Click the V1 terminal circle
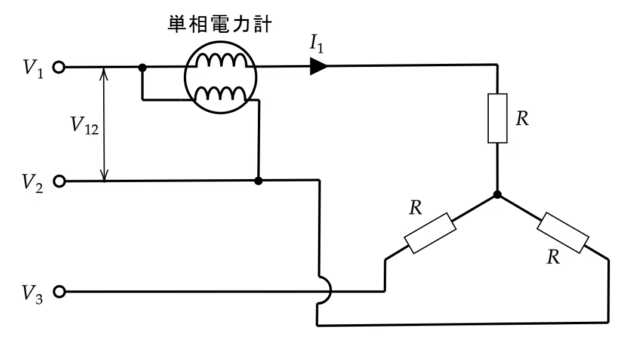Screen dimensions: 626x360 click(x=58, y=67)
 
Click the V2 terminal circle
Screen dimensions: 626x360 click(x=59, y=181)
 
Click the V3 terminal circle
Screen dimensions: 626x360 click(x=59, y=292)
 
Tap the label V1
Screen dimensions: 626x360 click(x=33, y=69)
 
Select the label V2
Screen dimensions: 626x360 click(x=32, y=183)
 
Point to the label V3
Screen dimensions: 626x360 click(x=32, y=294)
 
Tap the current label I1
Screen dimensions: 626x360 click(x=317, y=44)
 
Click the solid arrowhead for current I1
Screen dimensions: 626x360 click(x=319, y=66)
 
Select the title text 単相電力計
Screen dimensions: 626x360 click(x=220, y=24)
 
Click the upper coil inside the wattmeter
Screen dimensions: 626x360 click(x=221, y=61)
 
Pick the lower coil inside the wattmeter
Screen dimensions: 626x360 click(x=220, y=94)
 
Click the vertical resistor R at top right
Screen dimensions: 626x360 click(x=498, y=118)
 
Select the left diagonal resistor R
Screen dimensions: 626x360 click(x=430, y=233)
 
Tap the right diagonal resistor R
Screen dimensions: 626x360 click(x=563, y=233)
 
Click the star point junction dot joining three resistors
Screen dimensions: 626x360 click(x=497, y=195)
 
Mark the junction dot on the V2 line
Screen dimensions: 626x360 click(x=258, y=181)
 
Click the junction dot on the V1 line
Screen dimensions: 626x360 click(x=142, y=67)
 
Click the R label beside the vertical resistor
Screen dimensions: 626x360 click(x=522, y=119)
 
